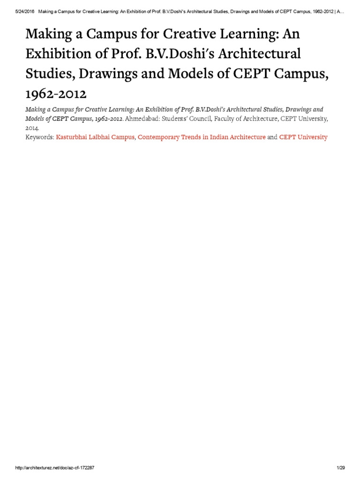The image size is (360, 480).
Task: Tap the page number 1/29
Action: tap(340, 468)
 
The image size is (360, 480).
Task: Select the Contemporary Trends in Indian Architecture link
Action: tap(202, 137)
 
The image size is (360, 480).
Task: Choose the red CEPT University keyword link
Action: tap(303, 137)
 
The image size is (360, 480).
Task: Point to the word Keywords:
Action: tap(39, 137)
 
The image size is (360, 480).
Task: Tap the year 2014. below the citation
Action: tap(32, 127)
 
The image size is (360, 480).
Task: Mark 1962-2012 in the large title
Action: tap(56, 94)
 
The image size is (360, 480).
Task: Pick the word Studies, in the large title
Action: tap(47, 74)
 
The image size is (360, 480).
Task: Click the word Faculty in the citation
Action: tap(223, 119)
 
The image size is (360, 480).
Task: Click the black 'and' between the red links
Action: tap(272, 137)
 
